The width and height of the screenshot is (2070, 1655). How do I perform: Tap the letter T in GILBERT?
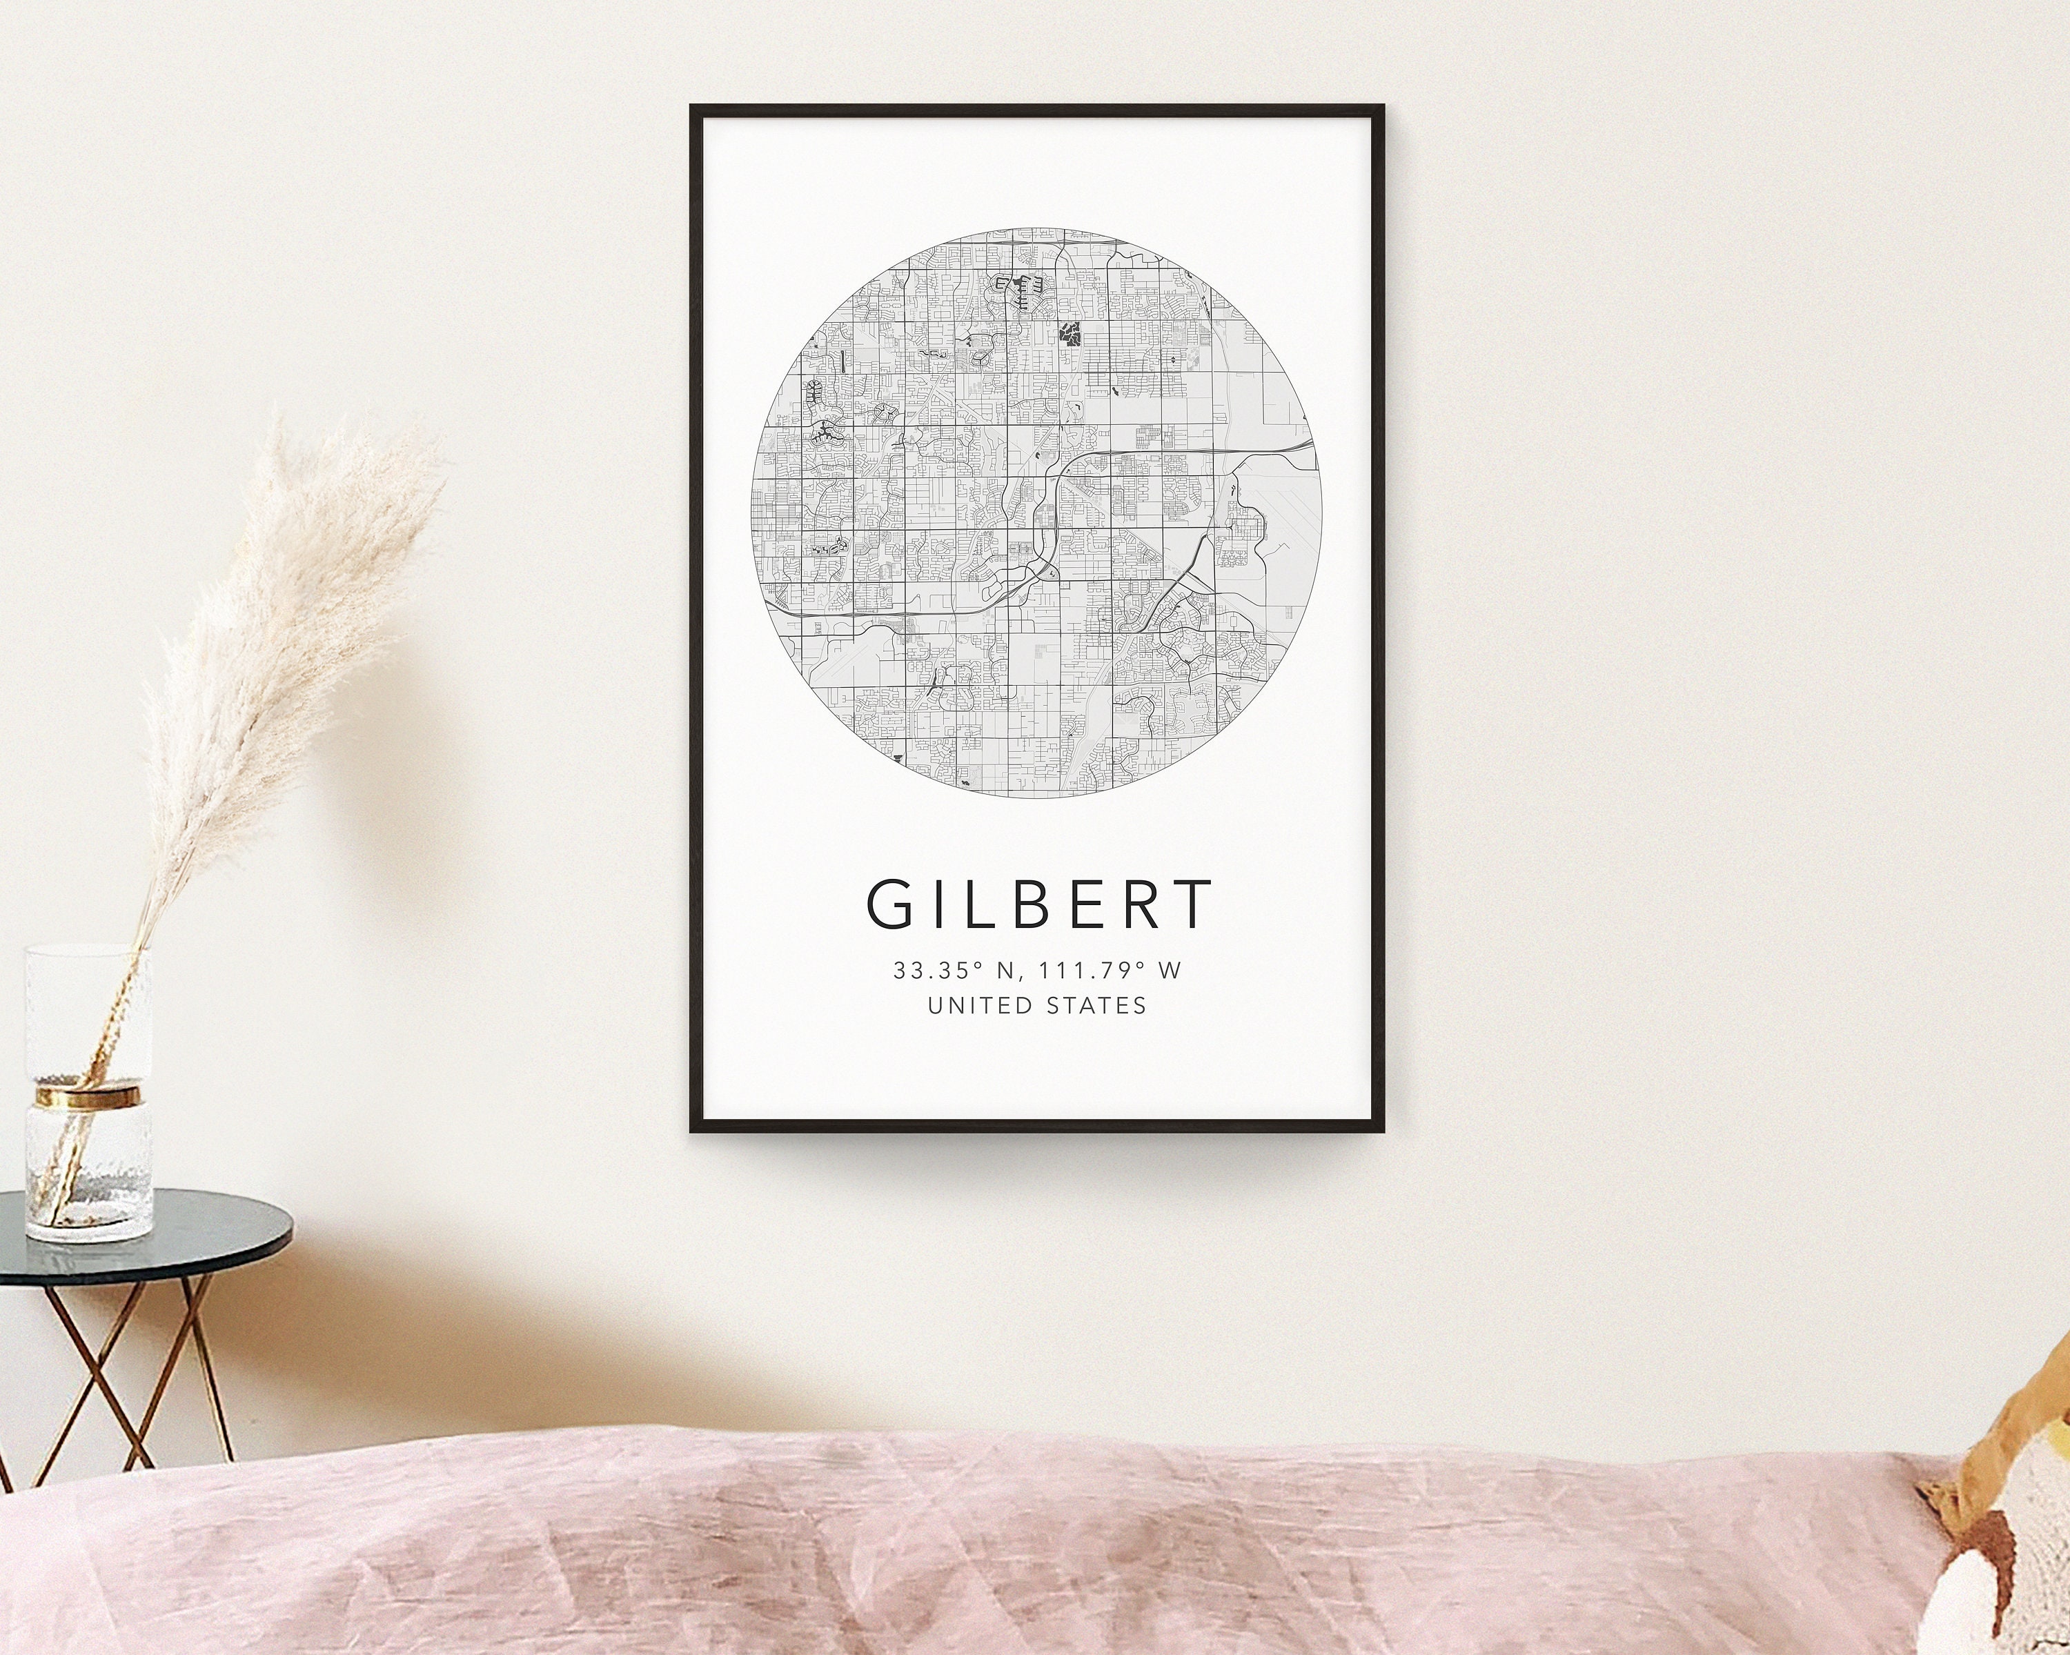pyautogui.click(x=1190, y=904)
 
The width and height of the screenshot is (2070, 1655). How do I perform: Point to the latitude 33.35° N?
pyautogui.click(x=952, y=971)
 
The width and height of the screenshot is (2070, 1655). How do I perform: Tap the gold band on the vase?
pyautogui.click(x=88, y=1093)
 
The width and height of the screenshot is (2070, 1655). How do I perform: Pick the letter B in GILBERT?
pyautogui.click(x=1013, y=904)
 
